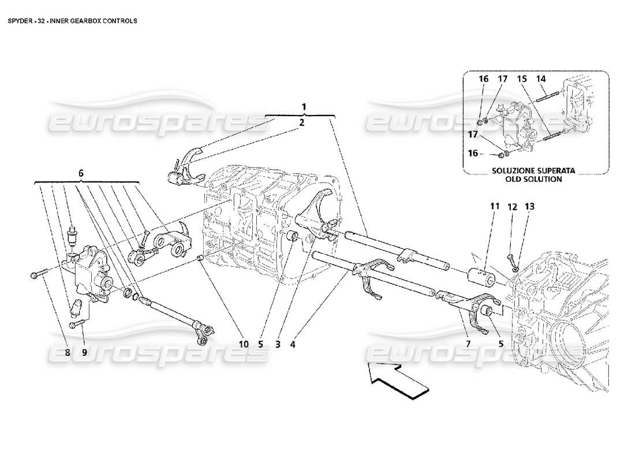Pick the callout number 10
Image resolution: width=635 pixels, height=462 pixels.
tap(244, 344)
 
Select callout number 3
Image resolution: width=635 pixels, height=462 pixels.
tap(278, 344)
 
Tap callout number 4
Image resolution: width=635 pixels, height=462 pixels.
tap(293, 344)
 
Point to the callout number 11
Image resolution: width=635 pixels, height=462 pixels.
tap(494, 206)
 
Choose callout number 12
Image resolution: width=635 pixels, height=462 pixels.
tap(512, 206)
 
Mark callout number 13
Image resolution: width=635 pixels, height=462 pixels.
tap(530, 206)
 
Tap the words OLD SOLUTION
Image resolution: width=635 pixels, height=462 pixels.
tap(535, 179)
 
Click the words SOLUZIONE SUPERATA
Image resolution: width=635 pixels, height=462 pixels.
tap(535, 171)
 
